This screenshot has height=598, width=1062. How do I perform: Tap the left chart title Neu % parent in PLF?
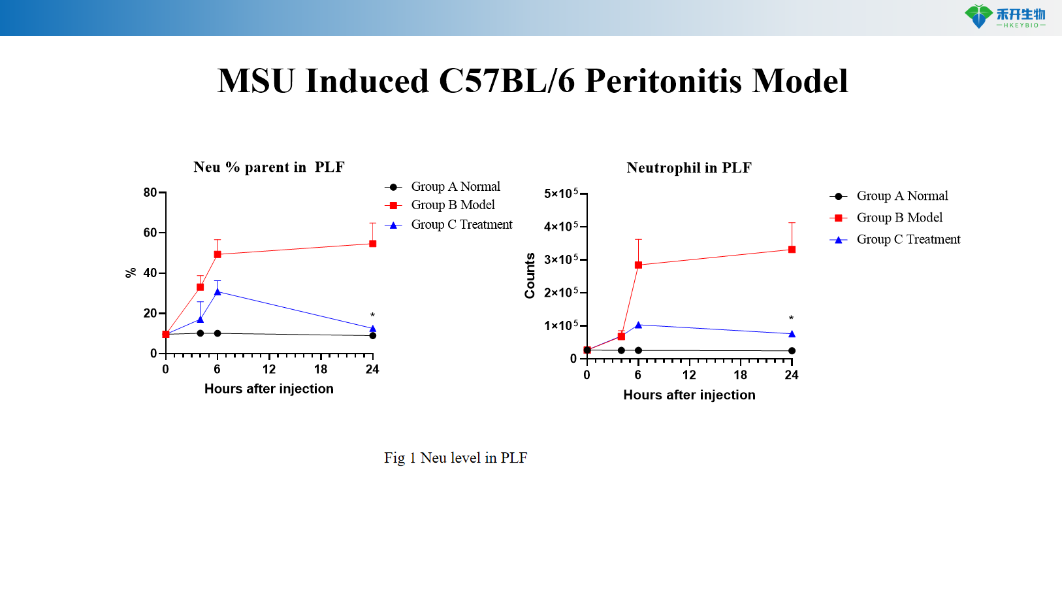pos(268,167)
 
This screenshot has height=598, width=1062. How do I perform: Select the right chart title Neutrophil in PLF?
pos(689,168)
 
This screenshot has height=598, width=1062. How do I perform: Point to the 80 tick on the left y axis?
pos(150,193)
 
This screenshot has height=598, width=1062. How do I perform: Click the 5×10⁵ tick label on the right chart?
pos(560,194)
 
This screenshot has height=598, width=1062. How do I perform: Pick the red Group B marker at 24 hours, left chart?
pos(372,244)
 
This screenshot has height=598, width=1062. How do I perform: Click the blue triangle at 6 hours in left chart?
pos(217,291)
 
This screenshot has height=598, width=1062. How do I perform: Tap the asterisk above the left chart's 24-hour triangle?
pos(372,316)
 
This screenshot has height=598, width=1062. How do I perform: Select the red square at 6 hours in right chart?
pos(638,265)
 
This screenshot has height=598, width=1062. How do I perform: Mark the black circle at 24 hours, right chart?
pos(792,351)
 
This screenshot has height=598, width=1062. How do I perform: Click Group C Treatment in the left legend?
pos(461,225)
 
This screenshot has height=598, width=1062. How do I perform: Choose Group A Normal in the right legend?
pos(902,196)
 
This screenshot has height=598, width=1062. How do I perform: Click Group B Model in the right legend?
pos(899,218)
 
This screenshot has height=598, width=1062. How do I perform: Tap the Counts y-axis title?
pos(530,276)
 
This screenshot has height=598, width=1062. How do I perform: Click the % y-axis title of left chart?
pos(131,273)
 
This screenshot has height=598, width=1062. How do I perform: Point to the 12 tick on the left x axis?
pos(269,369)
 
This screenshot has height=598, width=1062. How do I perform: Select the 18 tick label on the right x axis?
pos(740,375)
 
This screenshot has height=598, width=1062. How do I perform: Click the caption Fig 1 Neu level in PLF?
pos(455,458)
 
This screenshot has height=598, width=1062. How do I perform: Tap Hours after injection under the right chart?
pos(689,395)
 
